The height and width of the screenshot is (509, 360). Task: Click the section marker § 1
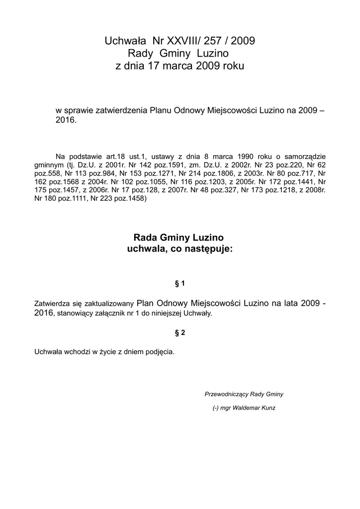[180, 283]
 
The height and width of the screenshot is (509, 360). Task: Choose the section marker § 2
[180, 333]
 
